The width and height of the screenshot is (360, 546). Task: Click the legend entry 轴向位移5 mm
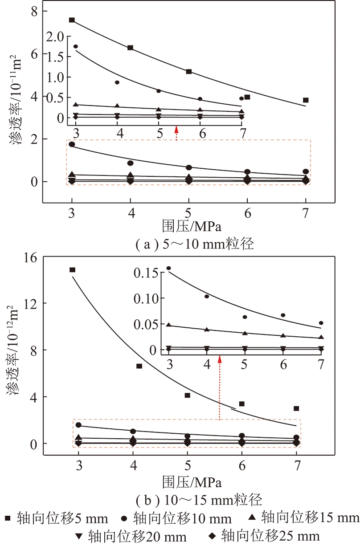point(56,518)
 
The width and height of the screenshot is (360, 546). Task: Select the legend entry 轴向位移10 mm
point(176,519)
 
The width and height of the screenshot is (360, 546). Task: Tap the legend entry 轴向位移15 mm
point(303,517)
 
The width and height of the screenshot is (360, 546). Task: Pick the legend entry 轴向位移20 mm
point(131,535)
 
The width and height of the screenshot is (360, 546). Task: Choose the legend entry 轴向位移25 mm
point(265,535)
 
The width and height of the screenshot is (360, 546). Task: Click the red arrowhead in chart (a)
point(176,129)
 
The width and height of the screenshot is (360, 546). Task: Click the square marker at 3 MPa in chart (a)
point(72,20)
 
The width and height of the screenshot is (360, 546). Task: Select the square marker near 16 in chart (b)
point(72,270)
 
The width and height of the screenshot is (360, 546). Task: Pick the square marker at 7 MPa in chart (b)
point(296,408)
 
